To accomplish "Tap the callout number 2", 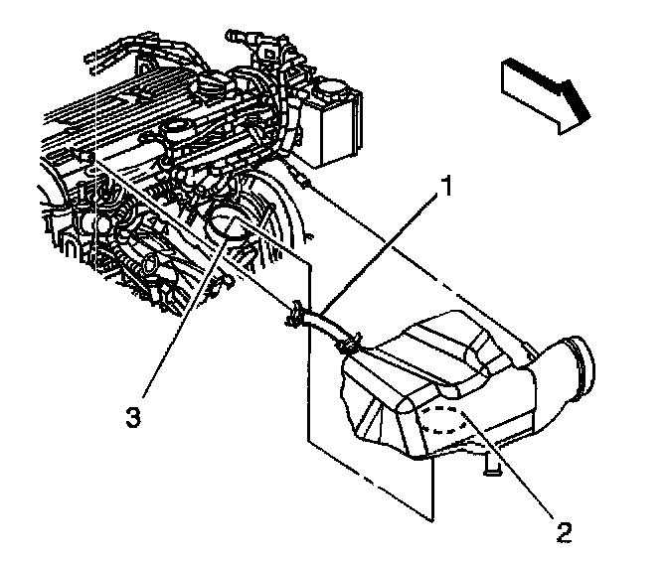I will tap(564, 531).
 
